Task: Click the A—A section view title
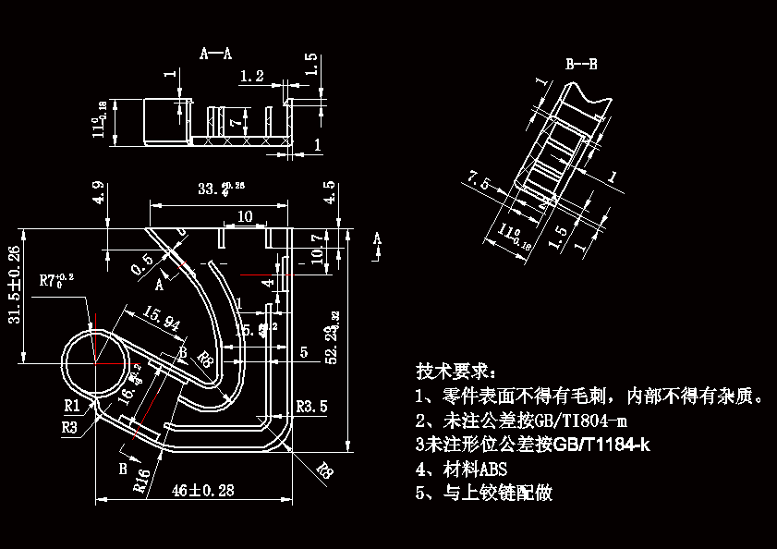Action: (x=215, y=54)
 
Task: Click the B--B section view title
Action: (x=581, y=65)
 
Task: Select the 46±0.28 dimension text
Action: (x=202, y=491)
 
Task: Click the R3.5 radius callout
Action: (x=311, y=406)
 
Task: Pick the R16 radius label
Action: (x=142, y=481)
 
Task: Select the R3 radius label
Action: (x=69, y=427)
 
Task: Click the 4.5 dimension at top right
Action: (x=330, y=193)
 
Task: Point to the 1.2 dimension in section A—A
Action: (x=251, y=75)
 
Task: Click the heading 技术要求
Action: (x=455, y=372)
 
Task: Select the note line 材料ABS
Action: (x=462, y=469)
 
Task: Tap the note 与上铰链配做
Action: (x=484, y=493)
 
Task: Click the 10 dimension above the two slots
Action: (x=245, y=216)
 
